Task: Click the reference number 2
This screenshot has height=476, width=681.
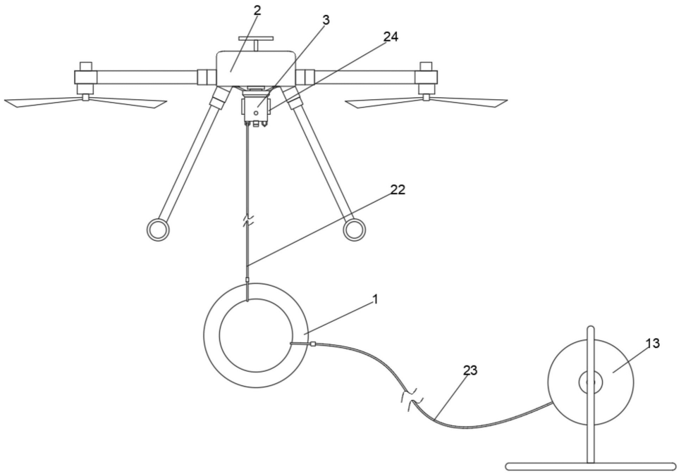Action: pyautogui.click(x=257, y=11)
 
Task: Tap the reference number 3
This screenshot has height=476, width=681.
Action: pyautogui.click(x=326, y=20)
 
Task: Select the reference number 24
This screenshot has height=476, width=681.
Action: pyautogui.click(x=391, y=37)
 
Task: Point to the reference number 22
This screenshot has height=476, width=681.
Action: pyautogui.click(x=398, y=189)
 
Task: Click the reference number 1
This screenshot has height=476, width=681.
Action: pyautogui.click(x=376, y=299)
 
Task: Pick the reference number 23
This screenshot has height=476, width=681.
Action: pyautogui.click(x=470, y=370)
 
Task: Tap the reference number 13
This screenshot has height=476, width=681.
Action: pyautogui.click(x=653, y=343)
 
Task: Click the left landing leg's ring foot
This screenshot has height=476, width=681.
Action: pyautogui.click(x=158, y=230)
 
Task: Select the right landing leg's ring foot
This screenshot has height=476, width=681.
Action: pyautogui.click(x=355, y=230)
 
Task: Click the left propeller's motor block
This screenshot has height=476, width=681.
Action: pyautogui.click(x=85, y=77)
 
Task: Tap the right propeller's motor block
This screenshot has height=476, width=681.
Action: pyautogui.click(x=426, y=77)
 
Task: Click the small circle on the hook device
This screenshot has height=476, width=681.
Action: pyautogui.click(x=256, y=113)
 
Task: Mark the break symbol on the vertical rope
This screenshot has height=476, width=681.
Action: pyautogui.click(x=247, y=220)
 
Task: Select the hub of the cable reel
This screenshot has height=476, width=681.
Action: pyautogui.click(x=590, y=382)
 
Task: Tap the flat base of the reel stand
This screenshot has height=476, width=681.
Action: pyautogui.click(x=591, y=467)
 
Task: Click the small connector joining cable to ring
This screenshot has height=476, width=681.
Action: pyautogui.click(x=312, y=345)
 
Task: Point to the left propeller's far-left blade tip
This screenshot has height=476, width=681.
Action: pyautogui.click(x=5, y=102)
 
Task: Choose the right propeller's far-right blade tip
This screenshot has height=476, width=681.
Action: pyautogui.click(x=506, y=101)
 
